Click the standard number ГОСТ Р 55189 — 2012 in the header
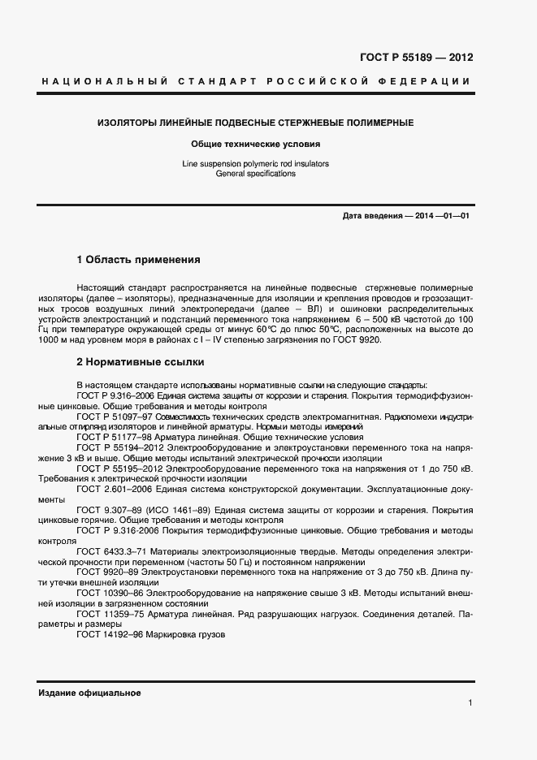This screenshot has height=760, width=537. click(415, 58)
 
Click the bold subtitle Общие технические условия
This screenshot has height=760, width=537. click(255, 144)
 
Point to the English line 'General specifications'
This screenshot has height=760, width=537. click(255, 174)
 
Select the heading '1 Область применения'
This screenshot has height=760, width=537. click(138, 260)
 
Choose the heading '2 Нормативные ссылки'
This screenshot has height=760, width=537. click(140, 361)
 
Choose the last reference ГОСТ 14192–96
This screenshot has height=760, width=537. click(110, 636)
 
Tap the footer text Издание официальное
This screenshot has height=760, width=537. click(89, 693)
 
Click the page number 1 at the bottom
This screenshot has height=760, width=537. click(470, 703)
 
